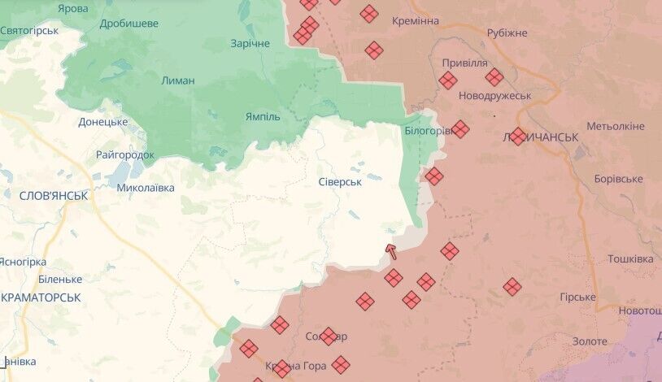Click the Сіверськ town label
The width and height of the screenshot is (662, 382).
click(x=341, y=182)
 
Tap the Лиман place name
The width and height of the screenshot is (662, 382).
click(x=177, y=81)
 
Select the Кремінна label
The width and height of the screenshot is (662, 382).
click(x=415, y=20)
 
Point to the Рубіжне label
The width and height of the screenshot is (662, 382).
click(x=507, y=33)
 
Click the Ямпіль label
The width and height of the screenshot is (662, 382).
click(x=263, y=116)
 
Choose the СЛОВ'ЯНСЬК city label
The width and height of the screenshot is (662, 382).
click(x=54, y=195)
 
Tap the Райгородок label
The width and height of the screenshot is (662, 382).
click(x=125, y=154)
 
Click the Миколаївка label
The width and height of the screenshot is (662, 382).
click(x=146, y=187)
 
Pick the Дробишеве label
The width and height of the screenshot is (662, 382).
click(x=128, y=24)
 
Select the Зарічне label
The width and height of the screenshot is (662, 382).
click(x=250, y=43)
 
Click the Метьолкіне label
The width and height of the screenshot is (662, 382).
click(x=616, y=126)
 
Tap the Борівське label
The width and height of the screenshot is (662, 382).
click(x=618, y=179)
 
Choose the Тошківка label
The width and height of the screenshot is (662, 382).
click(x=630, y=258)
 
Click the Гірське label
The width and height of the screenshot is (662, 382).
click(x=577, y=297)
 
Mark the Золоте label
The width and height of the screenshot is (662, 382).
click(x=590, y=341)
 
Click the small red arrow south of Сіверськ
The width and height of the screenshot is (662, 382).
click(x=391, y=250)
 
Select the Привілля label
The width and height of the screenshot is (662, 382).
click(x=465, y=62)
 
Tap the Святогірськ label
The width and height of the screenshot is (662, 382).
click(x=30, y=30)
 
